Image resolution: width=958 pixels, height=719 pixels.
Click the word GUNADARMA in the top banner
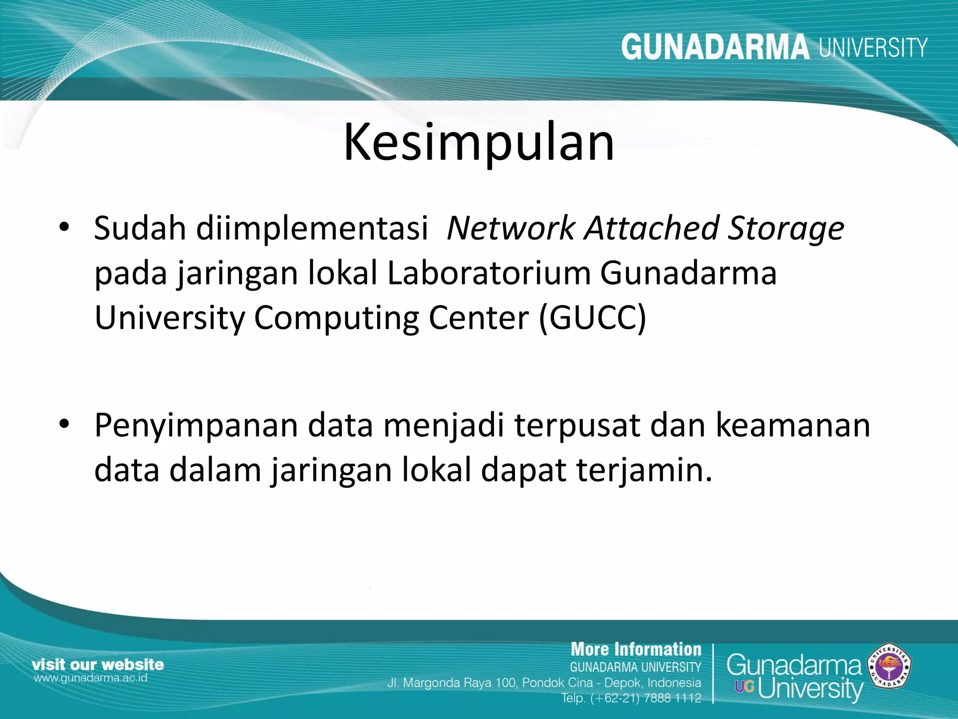pos(715,47)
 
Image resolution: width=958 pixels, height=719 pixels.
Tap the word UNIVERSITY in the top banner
pos(873,47)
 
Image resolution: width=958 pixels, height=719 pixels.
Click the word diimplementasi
pos(312,228)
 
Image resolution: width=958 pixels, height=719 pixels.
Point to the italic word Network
pos(510,228)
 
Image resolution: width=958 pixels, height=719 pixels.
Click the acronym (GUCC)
pos(593,318)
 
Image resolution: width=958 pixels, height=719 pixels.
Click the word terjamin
pos(644,470)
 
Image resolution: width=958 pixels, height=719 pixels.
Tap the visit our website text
pos(98,664)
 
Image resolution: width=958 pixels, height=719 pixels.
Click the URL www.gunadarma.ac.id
pos(90,678)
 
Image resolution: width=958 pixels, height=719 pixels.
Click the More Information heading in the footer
pos(636,649)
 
